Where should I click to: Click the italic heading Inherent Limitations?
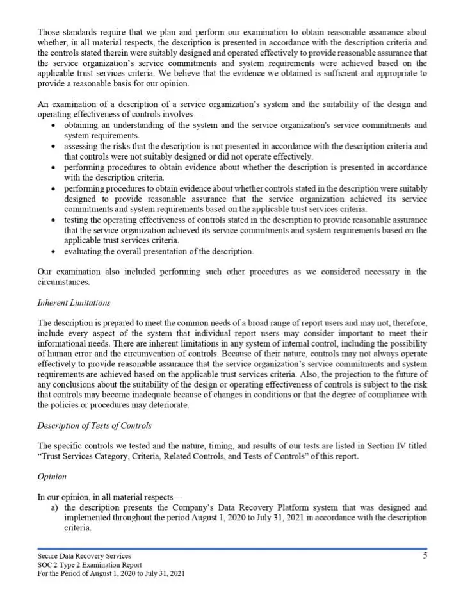click(x=74, y=302)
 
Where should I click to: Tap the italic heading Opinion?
click(x=51, y=477)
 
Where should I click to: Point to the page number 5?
click(x=425, y=556)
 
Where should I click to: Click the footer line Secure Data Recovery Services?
click(x=84, y=556)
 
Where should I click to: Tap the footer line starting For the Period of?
click(x=111, y=573)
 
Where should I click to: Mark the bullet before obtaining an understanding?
click(x=54, y=126)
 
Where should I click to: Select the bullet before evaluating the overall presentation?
click(x=54, y=251)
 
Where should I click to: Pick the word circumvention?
click(x=154, y=354)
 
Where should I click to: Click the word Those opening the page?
click(x=49, y=32)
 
